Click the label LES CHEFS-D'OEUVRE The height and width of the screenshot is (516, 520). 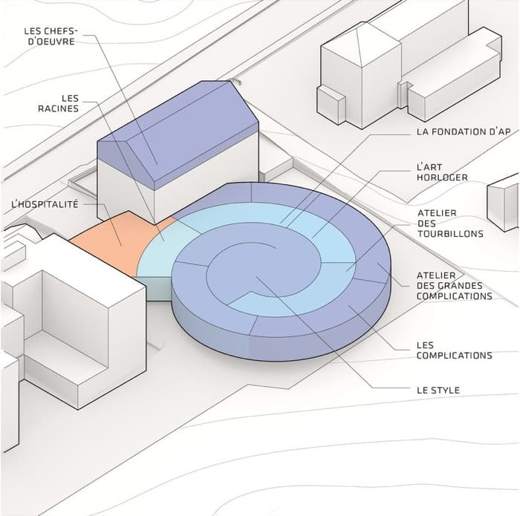51,36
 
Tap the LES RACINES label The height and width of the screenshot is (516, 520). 59,103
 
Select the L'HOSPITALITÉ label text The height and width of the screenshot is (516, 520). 45,204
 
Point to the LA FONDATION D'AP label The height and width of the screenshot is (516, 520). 464,132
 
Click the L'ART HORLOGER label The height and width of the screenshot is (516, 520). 442,172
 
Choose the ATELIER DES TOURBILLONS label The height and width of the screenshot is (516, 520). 450,223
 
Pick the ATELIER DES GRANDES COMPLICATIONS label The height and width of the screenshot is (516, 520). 455,286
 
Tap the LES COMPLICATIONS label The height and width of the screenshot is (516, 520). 455,350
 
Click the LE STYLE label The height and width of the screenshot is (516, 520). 438,390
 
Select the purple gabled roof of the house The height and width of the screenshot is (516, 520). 178,134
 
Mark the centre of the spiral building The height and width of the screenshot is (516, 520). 264,269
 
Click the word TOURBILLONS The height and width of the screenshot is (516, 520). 450,234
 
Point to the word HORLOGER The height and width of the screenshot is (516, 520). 442,177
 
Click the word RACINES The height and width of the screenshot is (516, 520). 59,108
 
